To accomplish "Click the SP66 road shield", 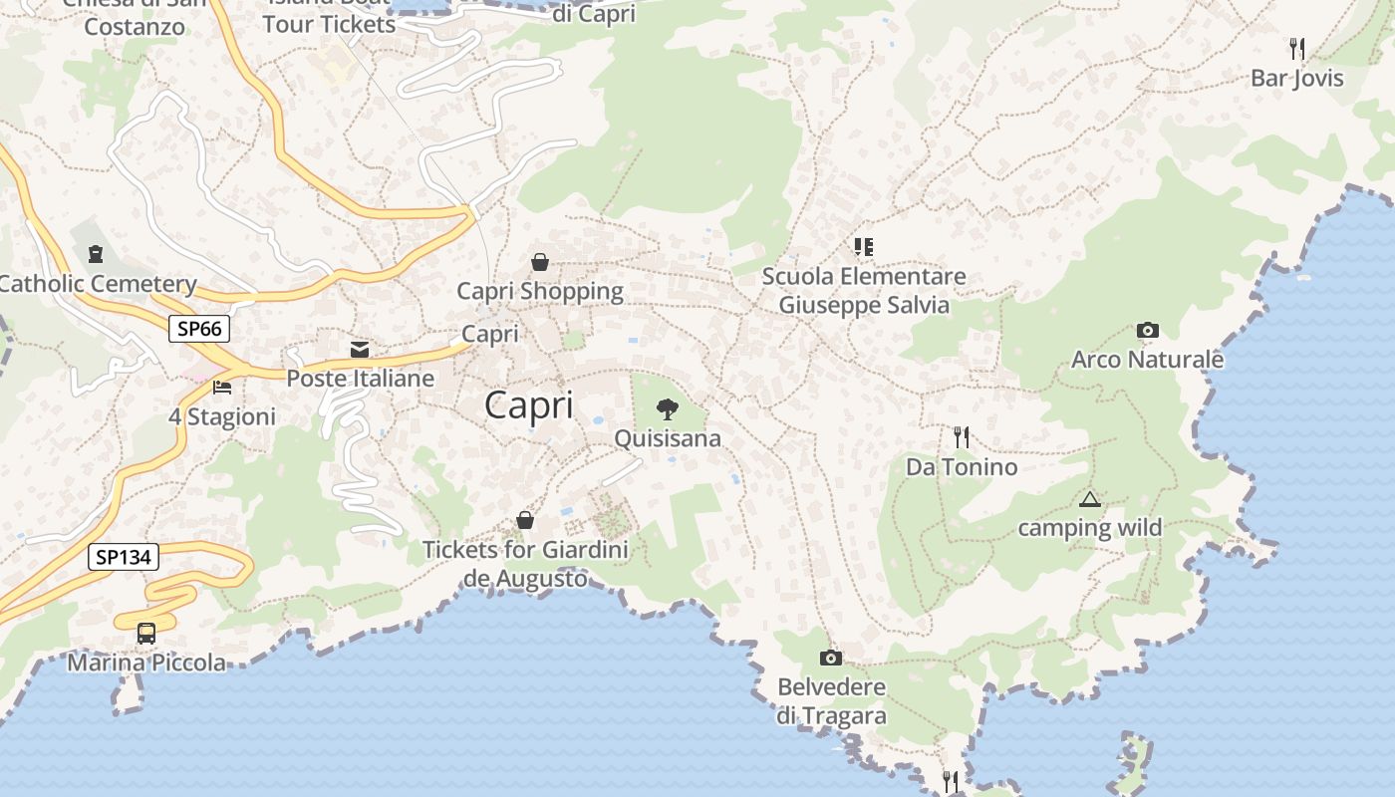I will click(x=200, y=329).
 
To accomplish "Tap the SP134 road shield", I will click(x=124, y=557).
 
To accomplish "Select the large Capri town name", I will click(x=529, y=405).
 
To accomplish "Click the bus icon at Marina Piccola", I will click(x=146, y=633).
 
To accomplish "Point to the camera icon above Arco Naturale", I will click(x=1147, y=331).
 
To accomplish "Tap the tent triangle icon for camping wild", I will click(x=1089, y=499).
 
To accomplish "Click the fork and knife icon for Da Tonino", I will click(x=961, y=437).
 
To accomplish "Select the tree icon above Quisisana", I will click(x=667, y=408).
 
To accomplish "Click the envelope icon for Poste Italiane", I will click(x=360, y=350).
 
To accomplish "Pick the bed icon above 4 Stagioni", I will click(x=222, y=387).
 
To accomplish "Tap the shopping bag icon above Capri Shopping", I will click(x=539, y=262).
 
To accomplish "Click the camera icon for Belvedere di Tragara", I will click(x=830, y=658).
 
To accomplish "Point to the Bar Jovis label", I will click(x=1297, y=78).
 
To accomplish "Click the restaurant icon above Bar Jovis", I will click(x=1296, y=48).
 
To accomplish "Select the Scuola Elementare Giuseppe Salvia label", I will click(x=864, y=290).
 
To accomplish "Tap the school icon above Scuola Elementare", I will click(x=863, y=246).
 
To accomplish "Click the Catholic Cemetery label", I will click(x=97, y=284).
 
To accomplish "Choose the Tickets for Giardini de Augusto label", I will click(x=525, y=563).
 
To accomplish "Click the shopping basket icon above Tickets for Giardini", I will click(x=525, y=520).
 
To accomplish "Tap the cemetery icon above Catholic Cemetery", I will click(x=96, y=254).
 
